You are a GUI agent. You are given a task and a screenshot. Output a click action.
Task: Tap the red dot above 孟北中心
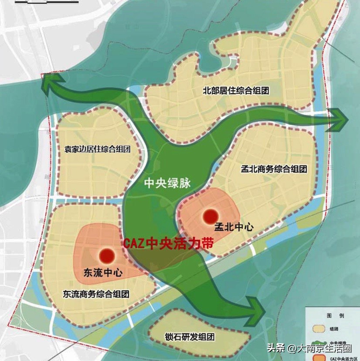(x=211, y=216)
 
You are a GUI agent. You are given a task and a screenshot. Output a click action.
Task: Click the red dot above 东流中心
(x=106, y=255)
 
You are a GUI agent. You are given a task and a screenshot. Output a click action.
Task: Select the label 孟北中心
(x=234, y=228)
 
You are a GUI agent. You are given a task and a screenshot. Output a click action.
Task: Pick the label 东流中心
(x=102, y=273)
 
